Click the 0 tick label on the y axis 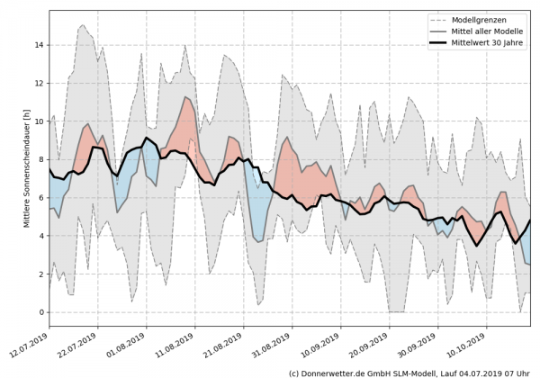pos(40,312)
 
